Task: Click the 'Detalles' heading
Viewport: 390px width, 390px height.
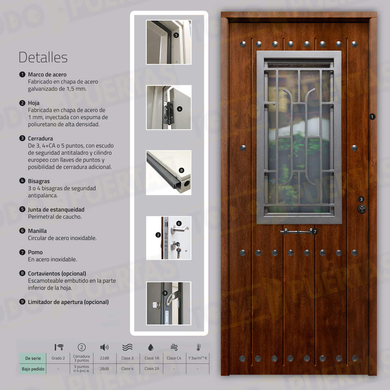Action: tap(43, 58)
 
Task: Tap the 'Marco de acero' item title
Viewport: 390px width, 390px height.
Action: tap(47, 74)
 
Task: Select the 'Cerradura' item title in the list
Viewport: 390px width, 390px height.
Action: tap(40, 138)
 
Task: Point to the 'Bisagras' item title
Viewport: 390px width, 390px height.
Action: tap(39, 181)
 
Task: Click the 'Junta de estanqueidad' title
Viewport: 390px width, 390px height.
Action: tap(56, 210)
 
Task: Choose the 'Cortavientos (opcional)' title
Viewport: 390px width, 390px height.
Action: tap(57, 274)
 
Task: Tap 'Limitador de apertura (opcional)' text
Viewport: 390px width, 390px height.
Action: tap(68, 302)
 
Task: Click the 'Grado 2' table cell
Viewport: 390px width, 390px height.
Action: tap(58, 358)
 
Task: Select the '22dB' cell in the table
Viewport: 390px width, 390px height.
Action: tap(104, 358)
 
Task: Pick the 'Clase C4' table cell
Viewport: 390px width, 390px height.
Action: tap(174, 358)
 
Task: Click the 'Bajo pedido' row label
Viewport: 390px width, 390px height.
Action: tap(33, 369)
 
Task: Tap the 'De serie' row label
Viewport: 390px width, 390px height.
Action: tap(33, 358)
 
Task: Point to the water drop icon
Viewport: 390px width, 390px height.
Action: tap(150, 347)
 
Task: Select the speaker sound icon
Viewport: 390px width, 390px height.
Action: tap(104, 347)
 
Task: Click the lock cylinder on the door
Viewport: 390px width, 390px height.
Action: tap(362, 209)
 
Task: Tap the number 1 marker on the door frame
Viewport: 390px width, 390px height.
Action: tap(372, 117)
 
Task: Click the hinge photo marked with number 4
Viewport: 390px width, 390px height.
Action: tap(169, 108)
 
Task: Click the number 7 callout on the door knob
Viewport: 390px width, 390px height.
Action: tap(315, 232)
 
